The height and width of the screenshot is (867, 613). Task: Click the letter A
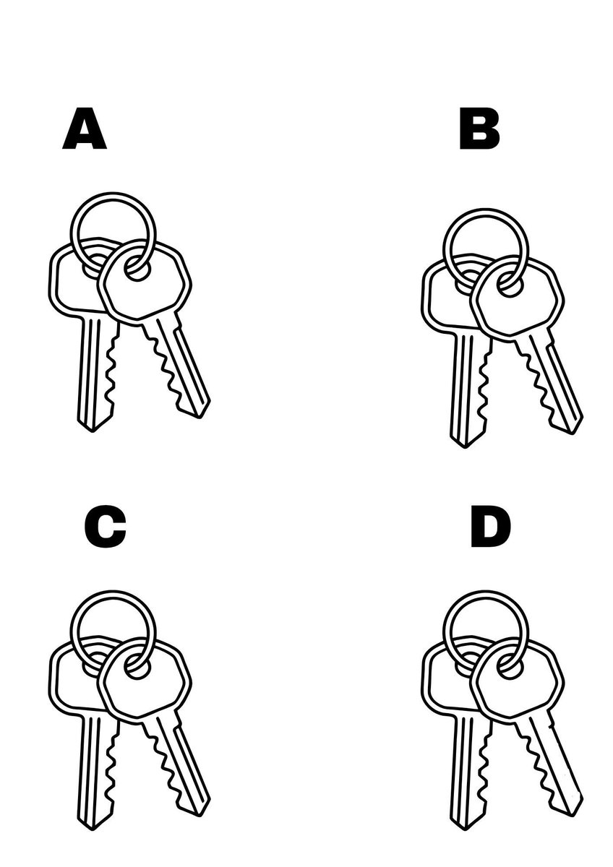tap(85, 131)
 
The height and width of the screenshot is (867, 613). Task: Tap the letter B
tap(479, 131)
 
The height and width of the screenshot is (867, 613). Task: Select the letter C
tap(105, 528)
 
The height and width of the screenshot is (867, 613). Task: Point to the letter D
tap(490, 528)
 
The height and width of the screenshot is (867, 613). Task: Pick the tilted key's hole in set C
tap(137, 667)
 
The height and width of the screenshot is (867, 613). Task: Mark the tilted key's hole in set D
tap(510, 667)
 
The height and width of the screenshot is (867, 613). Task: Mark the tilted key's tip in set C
tap(201, 810)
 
